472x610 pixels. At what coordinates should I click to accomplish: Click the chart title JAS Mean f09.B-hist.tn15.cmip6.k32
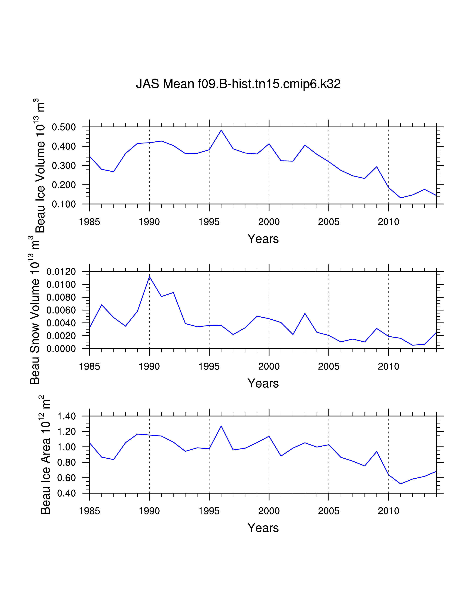[x=238, y=84]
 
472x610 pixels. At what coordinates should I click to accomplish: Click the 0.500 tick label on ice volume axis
[x=64, y=127]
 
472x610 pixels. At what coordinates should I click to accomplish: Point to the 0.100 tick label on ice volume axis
[x=64, y=204]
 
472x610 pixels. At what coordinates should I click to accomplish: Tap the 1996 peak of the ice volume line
[x=221, y=130]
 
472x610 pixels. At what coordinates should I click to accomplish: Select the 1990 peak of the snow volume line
[x=150, y=277]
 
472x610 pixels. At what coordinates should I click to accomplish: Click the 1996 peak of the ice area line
[x=221, y=426]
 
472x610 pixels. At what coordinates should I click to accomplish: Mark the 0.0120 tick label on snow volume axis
[x=61, y=272]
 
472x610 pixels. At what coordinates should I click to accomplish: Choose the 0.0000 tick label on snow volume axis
[x=61, y=349]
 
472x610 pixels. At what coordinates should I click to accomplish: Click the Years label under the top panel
[x=263, y=239]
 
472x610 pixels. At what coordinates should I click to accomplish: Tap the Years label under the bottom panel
[x=263, y=528]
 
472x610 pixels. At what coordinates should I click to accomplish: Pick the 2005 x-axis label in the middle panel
[x=329, y=366]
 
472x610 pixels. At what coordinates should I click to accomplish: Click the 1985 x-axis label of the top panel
[x=89, y=222]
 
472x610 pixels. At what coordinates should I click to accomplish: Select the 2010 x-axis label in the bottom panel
[x=388, y=511]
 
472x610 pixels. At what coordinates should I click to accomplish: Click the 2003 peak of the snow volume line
[x=305, y=313]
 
